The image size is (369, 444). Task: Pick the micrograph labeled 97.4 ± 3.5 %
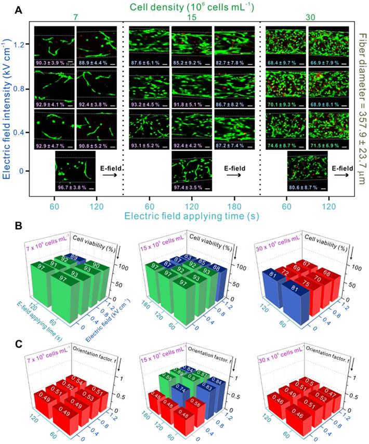192,170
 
